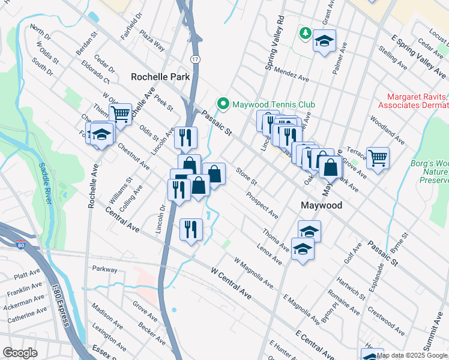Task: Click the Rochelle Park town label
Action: (160, 77)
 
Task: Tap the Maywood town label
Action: (321, 205)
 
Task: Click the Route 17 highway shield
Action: (195, 59)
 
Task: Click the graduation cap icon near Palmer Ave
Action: (324, 41)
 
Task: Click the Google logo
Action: (20, 353)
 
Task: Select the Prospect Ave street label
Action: (262, 205)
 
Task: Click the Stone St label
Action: (246, 177)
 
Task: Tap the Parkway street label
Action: (105, 269)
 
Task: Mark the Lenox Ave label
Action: (269, 254)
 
